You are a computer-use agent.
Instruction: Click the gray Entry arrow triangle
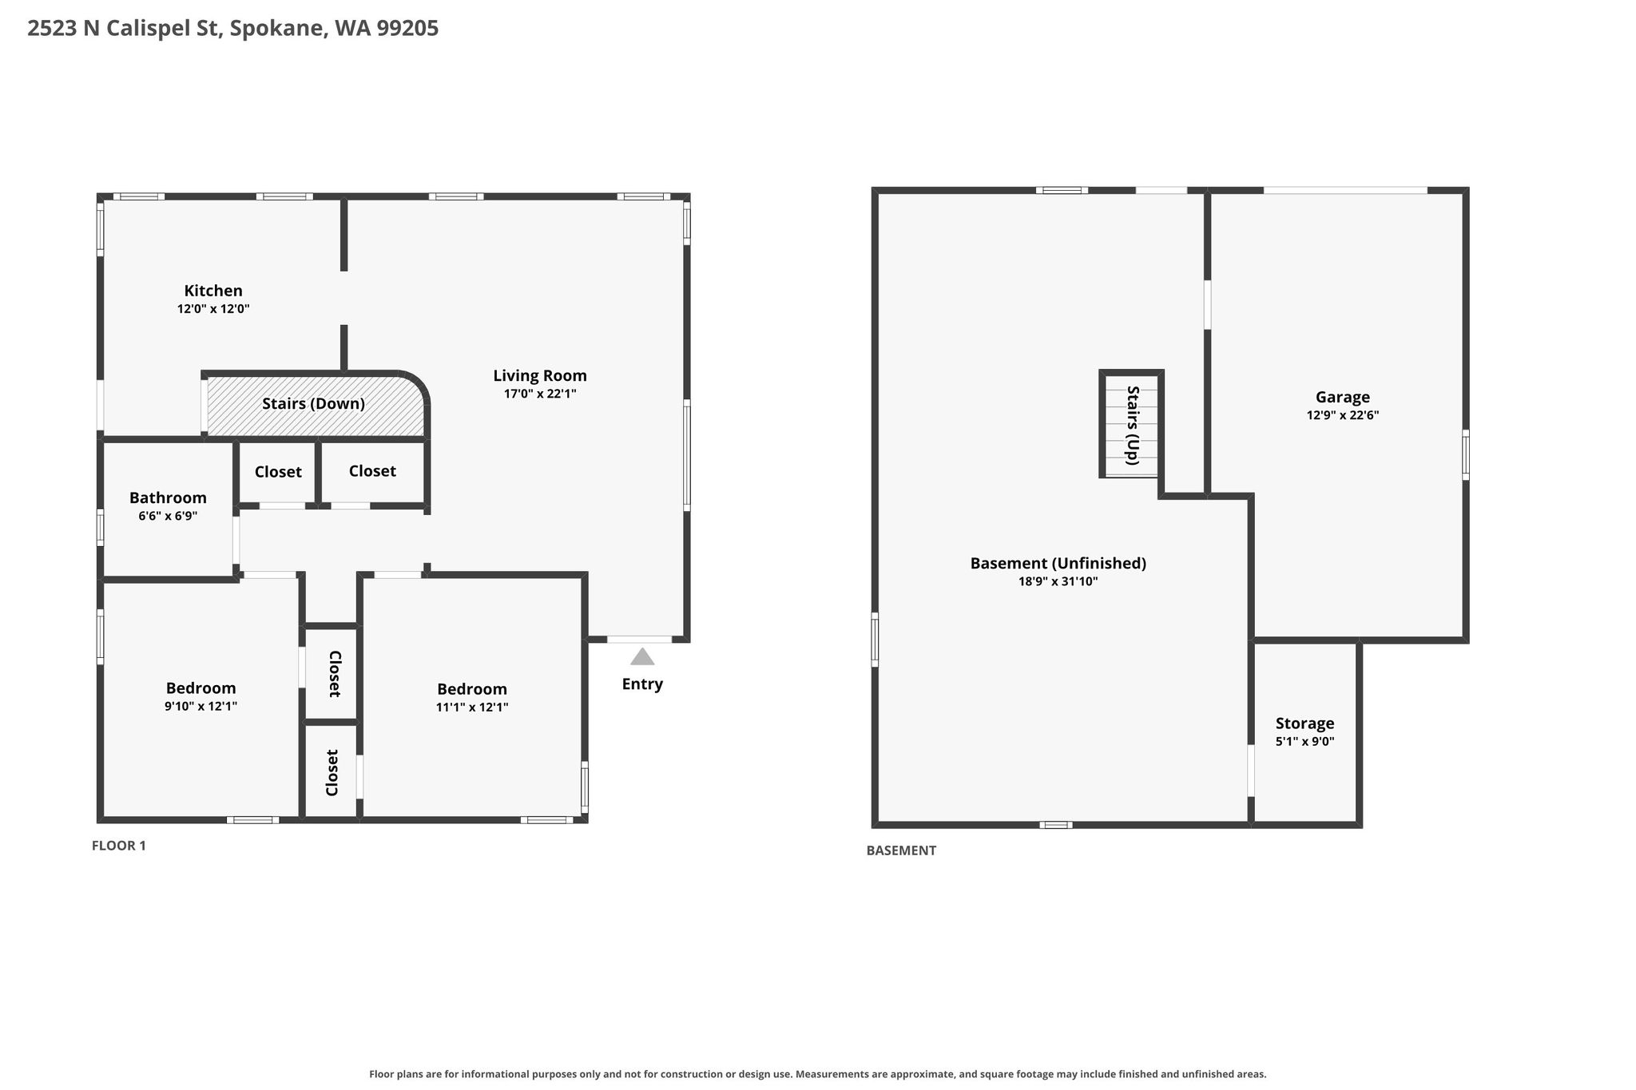(x=642, y=657)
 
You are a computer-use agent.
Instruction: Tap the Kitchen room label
(x=213, y=291)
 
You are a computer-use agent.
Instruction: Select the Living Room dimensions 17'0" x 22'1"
(x=540, y=394)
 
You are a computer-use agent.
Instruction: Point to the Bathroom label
(x=168, y=498)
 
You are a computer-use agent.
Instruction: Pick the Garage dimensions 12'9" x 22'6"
(x=1343, y=415)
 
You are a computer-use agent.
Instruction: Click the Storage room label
(x=1304, y=723)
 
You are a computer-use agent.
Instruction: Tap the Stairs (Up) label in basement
(x=1132, y=425)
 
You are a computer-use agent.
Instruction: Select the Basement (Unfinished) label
(x=1058, y=563)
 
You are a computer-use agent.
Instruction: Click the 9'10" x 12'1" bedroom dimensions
(x=201, y=706)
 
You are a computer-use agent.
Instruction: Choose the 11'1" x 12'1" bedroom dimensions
(x=472, y=707)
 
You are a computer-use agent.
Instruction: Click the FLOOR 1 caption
(x=119, y=846)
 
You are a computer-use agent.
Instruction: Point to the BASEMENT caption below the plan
(x=901, y=850)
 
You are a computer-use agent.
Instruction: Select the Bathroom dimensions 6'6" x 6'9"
(x=168, y=516)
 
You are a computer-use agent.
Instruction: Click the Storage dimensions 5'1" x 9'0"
(x=1304, y=741)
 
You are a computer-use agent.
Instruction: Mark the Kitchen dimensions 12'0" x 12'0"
(x=213, y=308)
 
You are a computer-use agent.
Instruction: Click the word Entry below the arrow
(x=642, y=684)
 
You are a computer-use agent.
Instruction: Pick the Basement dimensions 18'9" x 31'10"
(x=1058, y=581)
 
